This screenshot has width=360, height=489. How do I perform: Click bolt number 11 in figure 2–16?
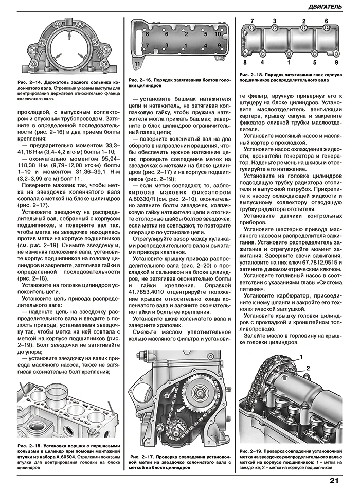pyautogui.click(x=137, y=63)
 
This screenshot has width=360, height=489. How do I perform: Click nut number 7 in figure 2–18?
pyautogui.click(x=251, y=21)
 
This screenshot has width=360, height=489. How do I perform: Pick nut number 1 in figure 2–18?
pyautogui.click(x=289, y=62)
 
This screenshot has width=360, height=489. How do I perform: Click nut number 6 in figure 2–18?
pyautogui.click(x=326, y=21)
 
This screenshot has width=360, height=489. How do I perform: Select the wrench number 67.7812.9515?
pyautogui.click(x=312, y=261)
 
